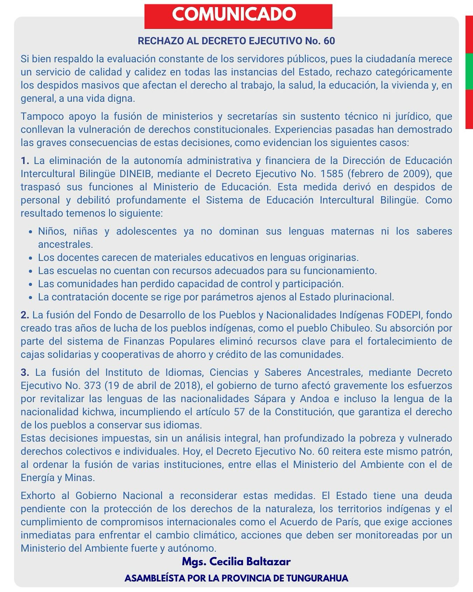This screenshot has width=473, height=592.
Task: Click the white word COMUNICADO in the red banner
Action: point(234,14)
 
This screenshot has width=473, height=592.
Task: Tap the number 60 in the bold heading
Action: point(329,41)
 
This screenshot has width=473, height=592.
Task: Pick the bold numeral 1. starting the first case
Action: point(25,161)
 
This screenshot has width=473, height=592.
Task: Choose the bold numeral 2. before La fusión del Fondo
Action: point(25,315)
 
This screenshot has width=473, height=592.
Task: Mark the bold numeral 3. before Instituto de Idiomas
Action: point(25,372)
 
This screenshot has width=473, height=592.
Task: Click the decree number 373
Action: point(92,386)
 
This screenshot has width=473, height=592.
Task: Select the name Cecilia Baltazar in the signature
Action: point(250,562)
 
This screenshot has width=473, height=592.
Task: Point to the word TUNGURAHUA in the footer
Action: point(317,578)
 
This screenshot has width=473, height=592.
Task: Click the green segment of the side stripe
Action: point(469,72)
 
